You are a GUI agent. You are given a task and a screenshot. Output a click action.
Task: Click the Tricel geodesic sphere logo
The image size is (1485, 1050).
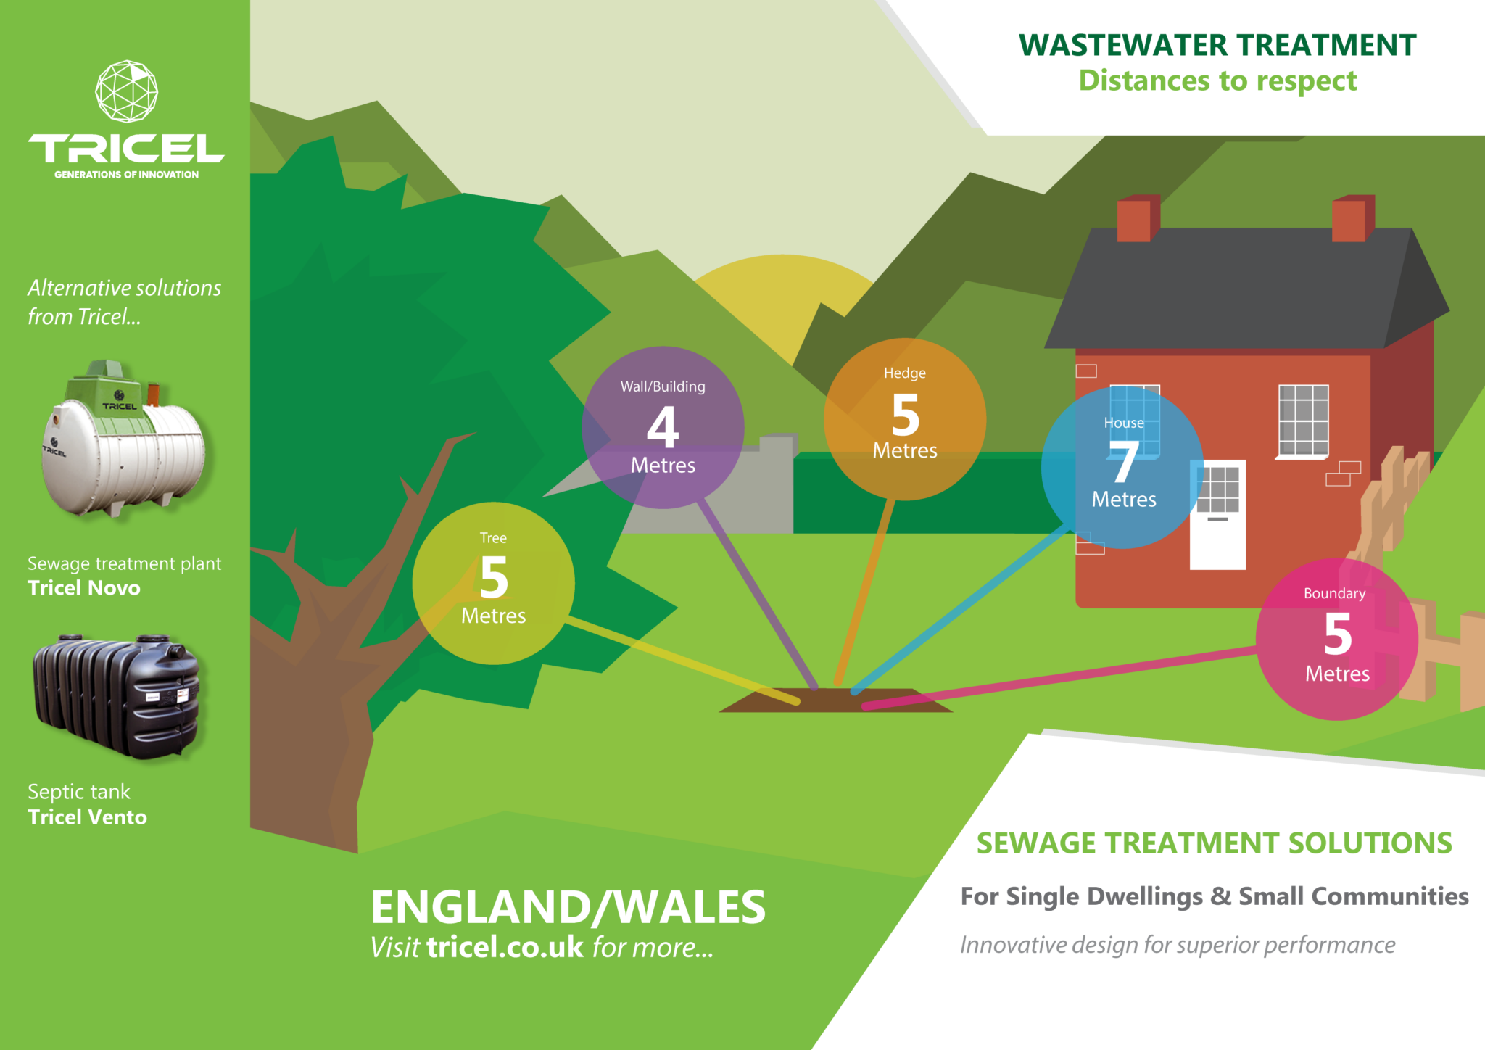pyautogui.click(x=127, y=91)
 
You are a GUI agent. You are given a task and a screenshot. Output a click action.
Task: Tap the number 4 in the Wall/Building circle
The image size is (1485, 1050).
pyautogui.click(x=663, y=427)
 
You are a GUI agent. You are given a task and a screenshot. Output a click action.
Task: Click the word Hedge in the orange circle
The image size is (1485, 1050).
pyautogui.click(x=904, y=373)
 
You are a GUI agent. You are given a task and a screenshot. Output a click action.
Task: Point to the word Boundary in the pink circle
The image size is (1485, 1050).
pyautogui.click(x=1334, y=593)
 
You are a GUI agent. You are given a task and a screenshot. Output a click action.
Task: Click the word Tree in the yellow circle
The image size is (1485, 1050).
pyautogui.click(x=493, y=538)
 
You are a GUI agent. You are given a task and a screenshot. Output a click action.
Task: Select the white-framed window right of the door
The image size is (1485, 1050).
pyautogui.click(x=1303, y=421)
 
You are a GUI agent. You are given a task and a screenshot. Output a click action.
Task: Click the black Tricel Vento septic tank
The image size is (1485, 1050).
pyautogui.click(x=116, y=696)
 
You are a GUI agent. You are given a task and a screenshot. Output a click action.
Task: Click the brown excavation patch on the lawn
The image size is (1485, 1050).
pyautogui.click(x=834, y=700)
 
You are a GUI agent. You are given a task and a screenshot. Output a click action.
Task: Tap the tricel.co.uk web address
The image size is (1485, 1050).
pyautogui.click(x=505, y=947)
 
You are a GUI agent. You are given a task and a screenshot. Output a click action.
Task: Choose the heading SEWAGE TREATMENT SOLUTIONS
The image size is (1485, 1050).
pyautogui.click(x=1214, y=843)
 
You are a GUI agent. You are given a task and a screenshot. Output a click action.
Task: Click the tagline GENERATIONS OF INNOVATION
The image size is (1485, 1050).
pyautogui.click(x=126, y=175)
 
